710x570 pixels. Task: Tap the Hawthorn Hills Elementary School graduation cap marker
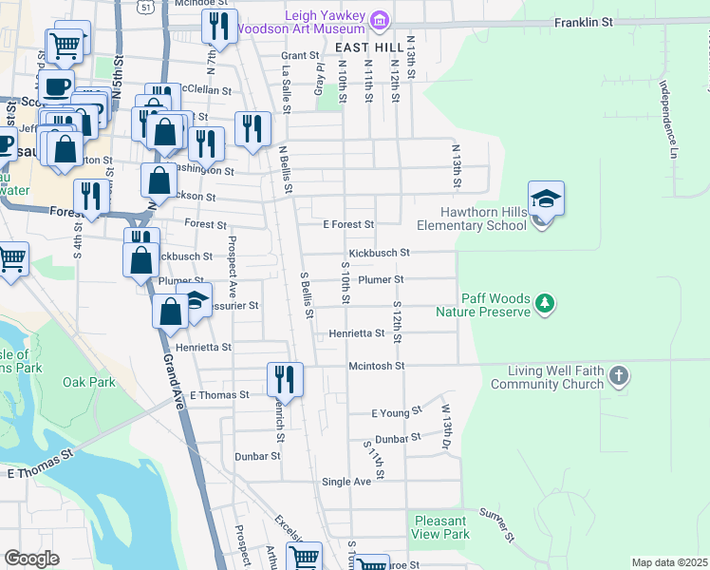[x=546, y=199]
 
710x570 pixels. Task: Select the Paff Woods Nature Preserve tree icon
[x=545, y=304]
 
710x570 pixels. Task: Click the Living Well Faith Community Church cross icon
[x=617, y=375]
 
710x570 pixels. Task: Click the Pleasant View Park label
[x=441, y=527]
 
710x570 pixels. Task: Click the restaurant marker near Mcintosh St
[x=285, y=380]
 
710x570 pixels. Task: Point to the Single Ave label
[x=346, y=482]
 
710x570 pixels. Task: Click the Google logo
[x=31, y=559]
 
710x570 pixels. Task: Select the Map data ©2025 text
[x=668, y=562]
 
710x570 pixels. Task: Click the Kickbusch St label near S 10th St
[x=378, y=253]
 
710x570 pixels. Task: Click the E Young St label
[x=396, y=413]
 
